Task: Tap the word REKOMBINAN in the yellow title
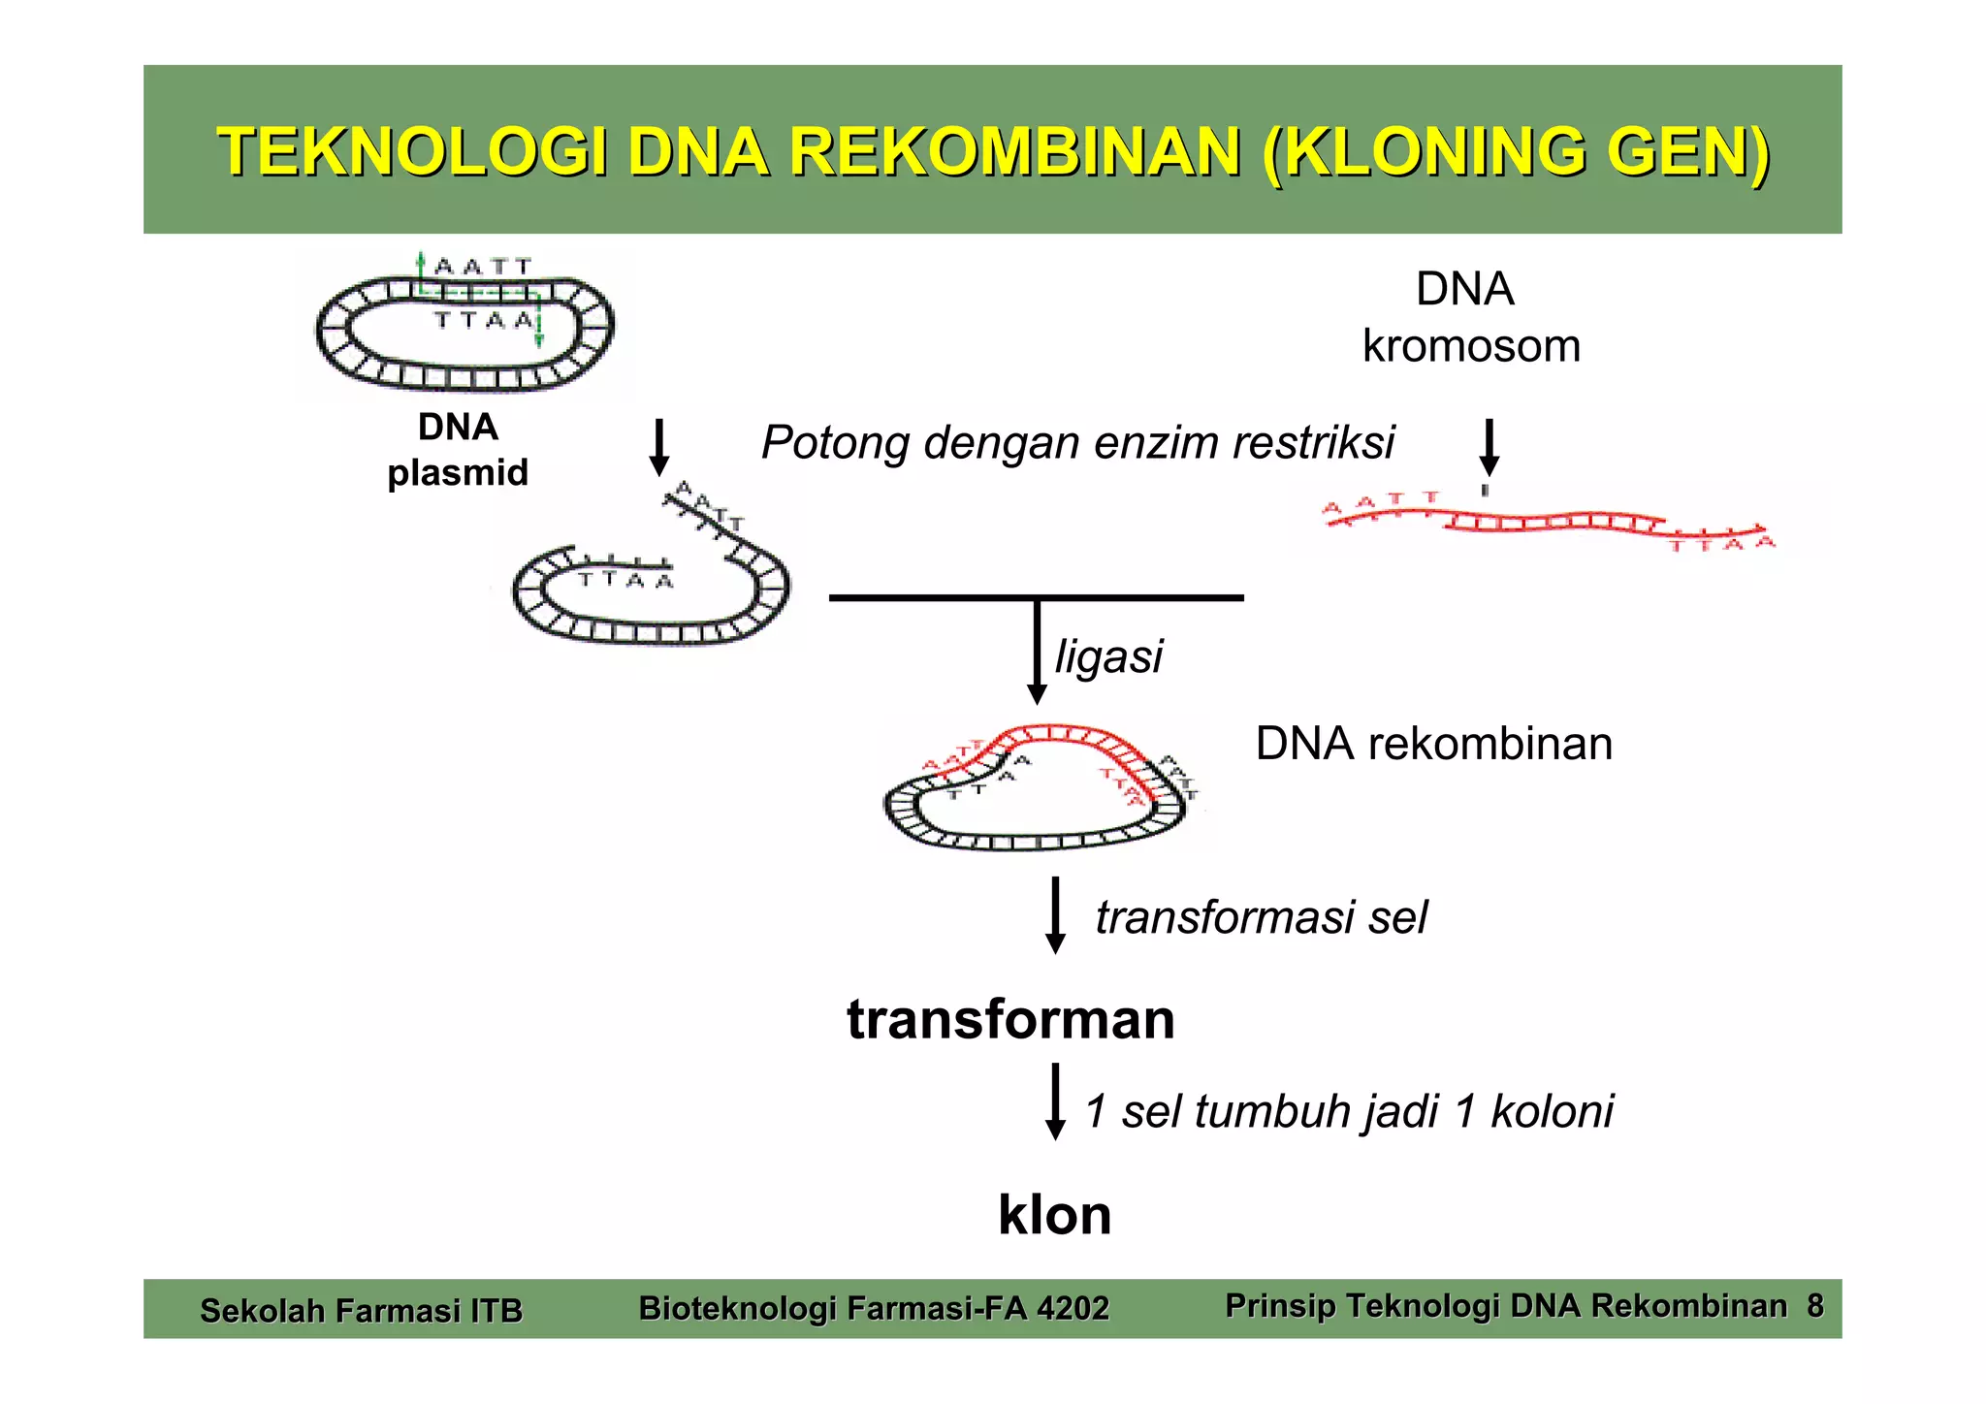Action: [x=1014, y=153]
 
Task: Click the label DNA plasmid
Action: [x=458, y=450]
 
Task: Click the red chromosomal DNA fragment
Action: [x=1550, y=524]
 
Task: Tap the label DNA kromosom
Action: [x=1469, y=317]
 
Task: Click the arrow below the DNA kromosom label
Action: [x=1489, y=448]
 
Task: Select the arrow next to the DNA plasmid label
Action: [x=659, y=447]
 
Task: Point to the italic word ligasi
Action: [x=1108, y=656]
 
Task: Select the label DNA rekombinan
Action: [x=1433, y=745]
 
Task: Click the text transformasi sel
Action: [x=1261, y=917]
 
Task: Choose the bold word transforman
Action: [x=1010, y=1020]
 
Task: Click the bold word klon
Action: [x=1055, y=1215]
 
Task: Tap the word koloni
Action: [x=1552, y=1111]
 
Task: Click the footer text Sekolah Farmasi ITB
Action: [x=361, y=1311]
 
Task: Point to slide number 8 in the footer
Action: [x=1814, y=1306]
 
